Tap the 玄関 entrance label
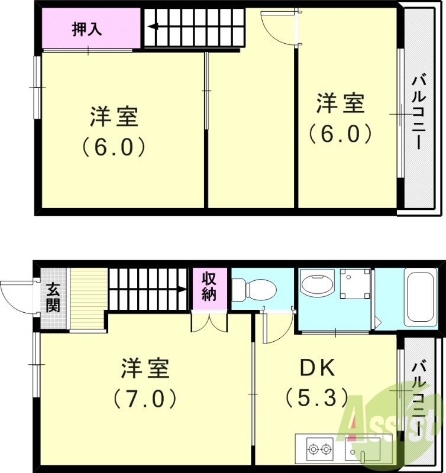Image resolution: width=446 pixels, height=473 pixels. pos(53,298)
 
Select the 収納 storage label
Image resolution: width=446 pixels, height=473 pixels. pos(209,287)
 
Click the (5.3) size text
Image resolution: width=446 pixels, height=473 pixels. pos(316,397)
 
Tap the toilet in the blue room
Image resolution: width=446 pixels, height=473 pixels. pos(254,290)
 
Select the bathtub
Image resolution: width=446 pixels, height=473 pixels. pos(421,297)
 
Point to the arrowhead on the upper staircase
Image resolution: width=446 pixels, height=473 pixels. pos(153,27)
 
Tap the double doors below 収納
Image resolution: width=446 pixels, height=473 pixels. pos(209,323)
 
